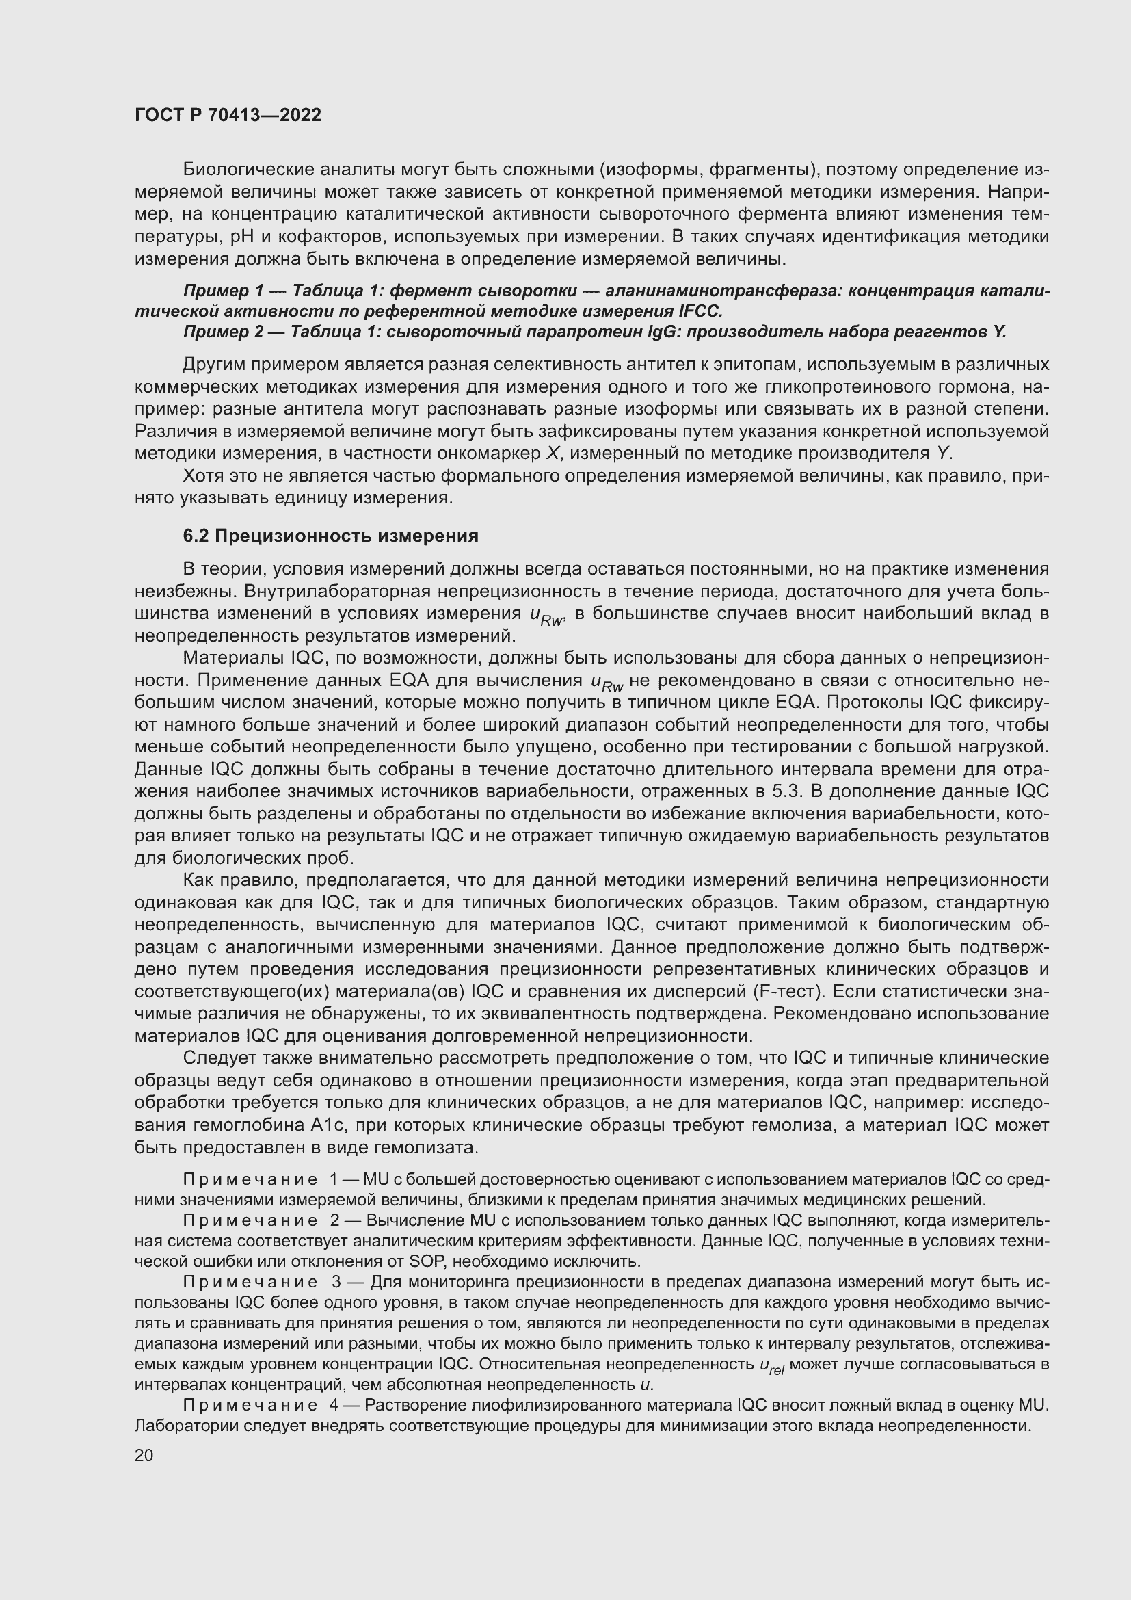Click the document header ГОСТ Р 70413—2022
pos(228,116)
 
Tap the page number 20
pos(144,1455)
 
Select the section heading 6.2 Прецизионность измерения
pos(331,536)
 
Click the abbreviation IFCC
pos(700,311)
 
